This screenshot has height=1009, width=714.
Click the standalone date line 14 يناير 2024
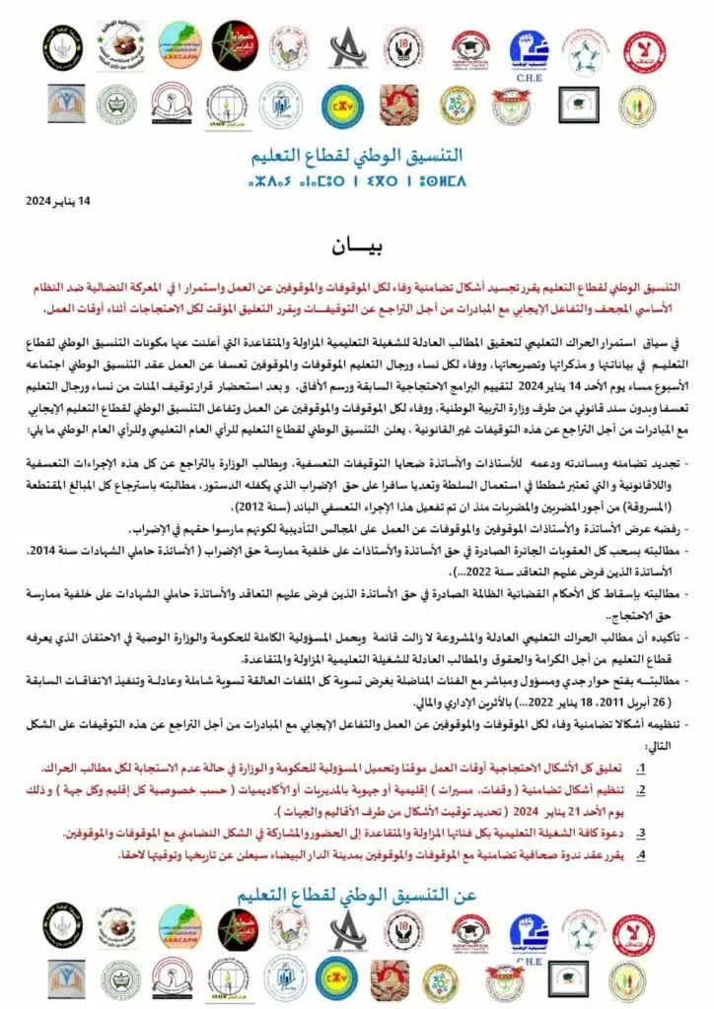coord(57,200)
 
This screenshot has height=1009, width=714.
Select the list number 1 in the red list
coord(640,764)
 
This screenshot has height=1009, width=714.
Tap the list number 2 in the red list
coord(640,789)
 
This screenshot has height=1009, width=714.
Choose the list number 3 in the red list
coord(640,834)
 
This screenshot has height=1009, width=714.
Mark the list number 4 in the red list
coord(640,853)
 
